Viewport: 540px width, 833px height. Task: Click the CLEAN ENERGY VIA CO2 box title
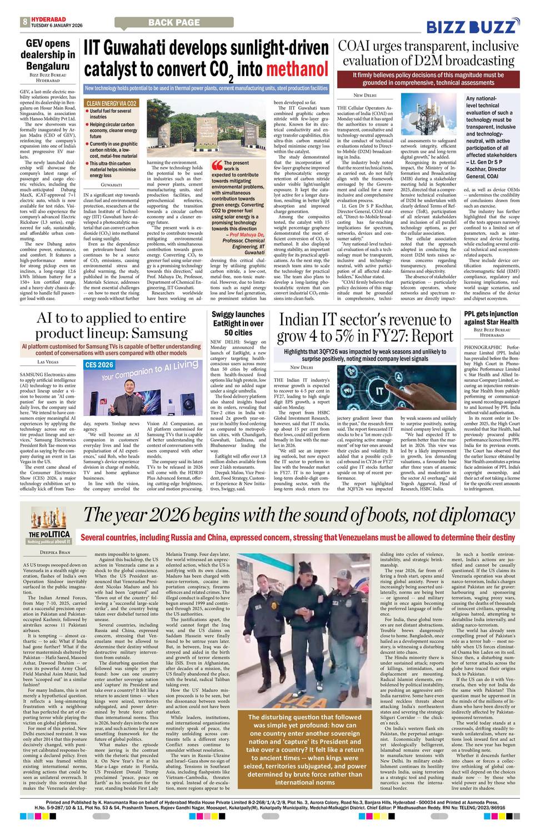112,104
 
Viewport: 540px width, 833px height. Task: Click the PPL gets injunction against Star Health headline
491,318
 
